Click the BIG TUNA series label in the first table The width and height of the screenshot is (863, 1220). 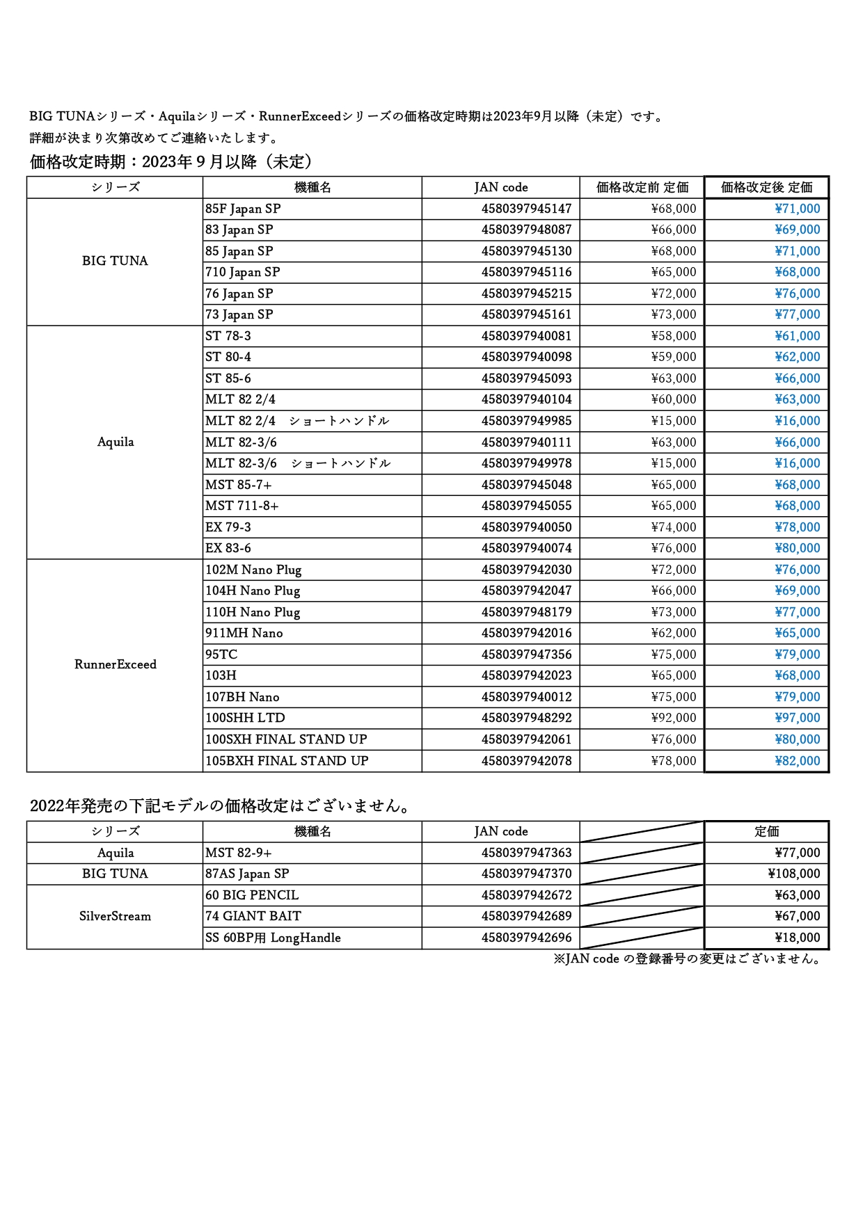(x=115, y=261)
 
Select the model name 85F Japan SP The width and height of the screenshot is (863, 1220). (x=243, y=209)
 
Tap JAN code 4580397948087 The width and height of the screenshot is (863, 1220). (x=526, y=230)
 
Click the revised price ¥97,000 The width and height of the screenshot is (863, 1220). (x=797, y=718)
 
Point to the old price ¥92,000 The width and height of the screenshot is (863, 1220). (x=673, y=718)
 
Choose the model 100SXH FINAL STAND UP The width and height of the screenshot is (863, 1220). (x=286, y=739)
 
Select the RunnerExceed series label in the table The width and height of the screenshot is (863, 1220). (x=116, y=664)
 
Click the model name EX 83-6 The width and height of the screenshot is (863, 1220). (x=228, y=548)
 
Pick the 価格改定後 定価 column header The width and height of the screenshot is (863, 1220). (x=766, y=187)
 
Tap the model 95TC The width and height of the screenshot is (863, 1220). (x=221, y=655)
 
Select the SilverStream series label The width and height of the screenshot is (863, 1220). (x=115, y=916)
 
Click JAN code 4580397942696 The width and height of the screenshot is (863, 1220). (x=526, y=938)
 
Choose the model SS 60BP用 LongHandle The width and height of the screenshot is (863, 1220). (x=273, y=938)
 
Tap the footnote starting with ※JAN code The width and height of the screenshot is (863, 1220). (x=688, y=958)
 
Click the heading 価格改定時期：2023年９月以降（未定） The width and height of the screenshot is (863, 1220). (x=173, y=162)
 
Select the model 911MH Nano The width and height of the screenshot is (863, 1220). (x=244, y=633)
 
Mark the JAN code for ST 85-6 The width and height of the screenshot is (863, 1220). (x=526, y=378)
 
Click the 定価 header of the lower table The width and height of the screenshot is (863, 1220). (x=766, y=831)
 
